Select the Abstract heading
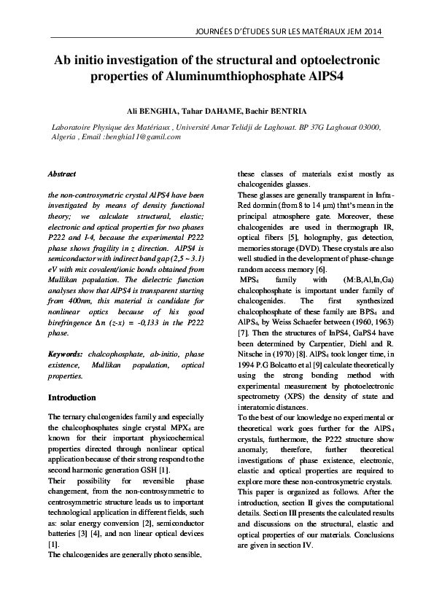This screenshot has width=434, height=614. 61,175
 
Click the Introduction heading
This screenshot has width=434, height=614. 71,397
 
